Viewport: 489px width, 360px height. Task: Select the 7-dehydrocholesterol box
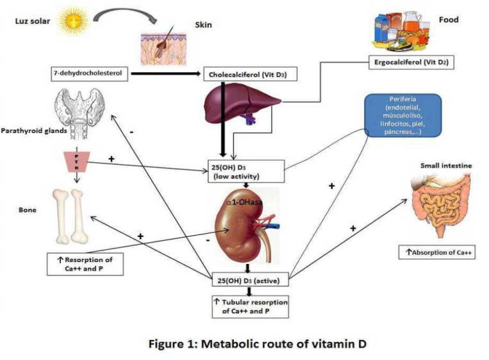(90, 74)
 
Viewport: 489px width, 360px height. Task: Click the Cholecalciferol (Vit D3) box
(243, 74)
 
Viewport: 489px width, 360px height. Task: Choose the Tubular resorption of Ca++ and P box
(251, 306)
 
